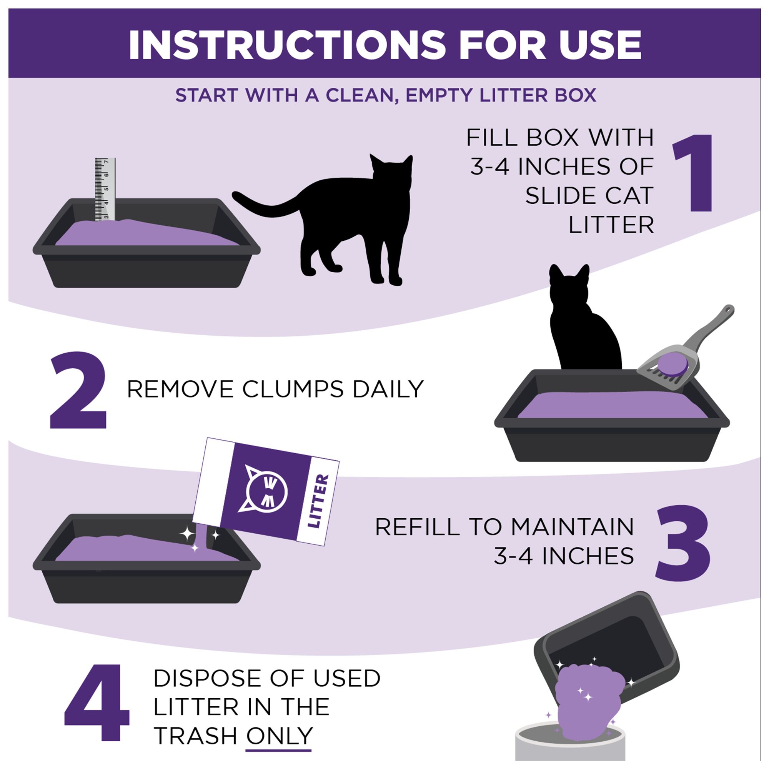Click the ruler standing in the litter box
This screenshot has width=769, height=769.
tap(105, 190)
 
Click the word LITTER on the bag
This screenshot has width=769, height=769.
tap(319, 501)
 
